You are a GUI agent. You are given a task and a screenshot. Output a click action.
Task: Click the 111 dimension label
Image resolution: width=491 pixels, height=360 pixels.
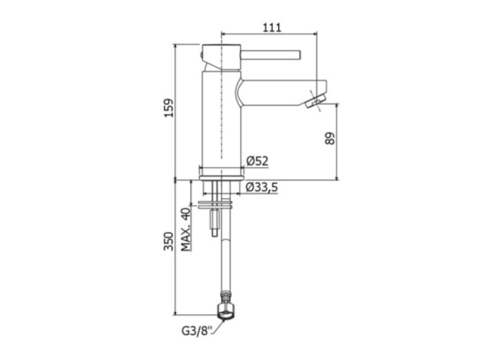point(272,27)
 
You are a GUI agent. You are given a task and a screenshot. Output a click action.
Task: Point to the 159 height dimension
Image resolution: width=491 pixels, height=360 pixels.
point(169,108)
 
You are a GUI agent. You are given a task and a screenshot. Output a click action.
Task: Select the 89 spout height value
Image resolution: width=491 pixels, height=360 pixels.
point(330,138)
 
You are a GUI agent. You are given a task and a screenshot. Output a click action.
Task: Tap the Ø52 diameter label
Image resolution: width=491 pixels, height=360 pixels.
point(257,161)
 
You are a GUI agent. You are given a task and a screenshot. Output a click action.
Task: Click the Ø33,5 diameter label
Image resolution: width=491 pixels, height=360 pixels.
point(262,187)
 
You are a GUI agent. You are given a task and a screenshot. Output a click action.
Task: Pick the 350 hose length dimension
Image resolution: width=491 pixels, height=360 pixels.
point(169,241)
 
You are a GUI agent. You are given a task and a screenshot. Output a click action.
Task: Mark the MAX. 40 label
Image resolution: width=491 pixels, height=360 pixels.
point(186,229)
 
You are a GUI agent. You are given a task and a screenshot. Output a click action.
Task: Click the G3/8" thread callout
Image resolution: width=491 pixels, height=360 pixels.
point(197,331)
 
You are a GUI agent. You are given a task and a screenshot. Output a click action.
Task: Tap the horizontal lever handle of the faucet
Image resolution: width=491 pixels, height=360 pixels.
point(271,55)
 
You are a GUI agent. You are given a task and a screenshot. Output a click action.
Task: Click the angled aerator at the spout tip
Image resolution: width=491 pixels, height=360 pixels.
point(315,102)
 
